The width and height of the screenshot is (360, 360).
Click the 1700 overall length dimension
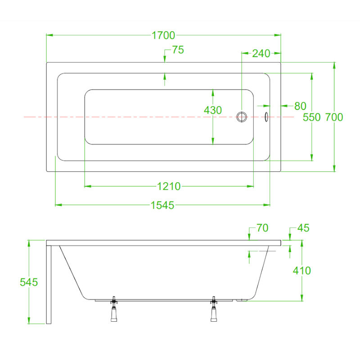163,36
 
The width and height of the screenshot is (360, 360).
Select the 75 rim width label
178,50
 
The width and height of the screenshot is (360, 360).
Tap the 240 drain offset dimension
261,54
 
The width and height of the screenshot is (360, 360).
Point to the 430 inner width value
213,110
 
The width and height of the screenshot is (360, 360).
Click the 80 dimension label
300,106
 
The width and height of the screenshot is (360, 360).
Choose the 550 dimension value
311,117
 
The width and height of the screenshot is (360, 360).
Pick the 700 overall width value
334,117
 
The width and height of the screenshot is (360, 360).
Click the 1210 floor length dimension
169,186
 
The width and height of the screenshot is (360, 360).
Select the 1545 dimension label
162,205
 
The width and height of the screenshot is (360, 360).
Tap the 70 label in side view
262,228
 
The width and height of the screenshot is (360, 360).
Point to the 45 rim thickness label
303,228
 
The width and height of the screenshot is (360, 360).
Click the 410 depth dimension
302,271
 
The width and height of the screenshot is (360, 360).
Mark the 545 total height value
29,282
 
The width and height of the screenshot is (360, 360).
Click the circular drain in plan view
242,117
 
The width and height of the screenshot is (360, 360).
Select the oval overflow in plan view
266,117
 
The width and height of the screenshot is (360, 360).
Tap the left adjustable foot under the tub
114,309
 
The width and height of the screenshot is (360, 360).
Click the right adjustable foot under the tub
214,309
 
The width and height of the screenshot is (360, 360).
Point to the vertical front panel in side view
49,285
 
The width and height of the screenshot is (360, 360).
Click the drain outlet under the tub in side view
242,300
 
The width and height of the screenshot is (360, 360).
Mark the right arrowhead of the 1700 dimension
278,35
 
